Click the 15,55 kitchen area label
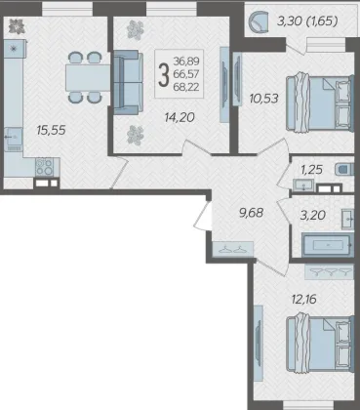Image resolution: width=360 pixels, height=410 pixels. pyautogui.click(x=52, y=131)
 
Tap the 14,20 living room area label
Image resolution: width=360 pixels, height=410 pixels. pyautogui.click(x=180, y=117)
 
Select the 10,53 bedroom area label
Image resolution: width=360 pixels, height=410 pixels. pyautogui.click(x=263, y=98)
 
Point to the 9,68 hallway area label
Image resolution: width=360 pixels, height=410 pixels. pyautogui.click(x=251, y=213)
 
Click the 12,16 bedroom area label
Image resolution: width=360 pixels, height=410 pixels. pyautogui.click(x=304, y=299)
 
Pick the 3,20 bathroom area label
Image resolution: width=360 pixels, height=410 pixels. pyautogui.click(x=313, y=215)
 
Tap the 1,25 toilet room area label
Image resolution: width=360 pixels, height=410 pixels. pyautogui.click(x=311, y=170)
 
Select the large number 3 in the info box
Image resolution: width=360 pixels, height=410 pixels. pyautogui.click(x=164, y=74)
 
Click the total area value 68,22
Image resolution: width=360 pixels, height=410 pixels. pyautogui.click(x=186, y=87)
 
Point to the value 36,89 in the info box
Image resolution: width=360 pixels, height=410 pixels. pyautogui.click(x=186, y=61)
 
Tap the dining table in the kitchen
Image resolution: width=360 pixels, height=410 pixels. pyautogui.click(x=88, y=77)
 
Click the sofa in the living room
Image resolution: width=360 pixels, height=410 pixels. pyautogui.click(x=128, y=82)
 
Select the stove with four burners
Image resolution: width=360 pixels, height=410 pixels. pyautogui.click(x=44, y=167)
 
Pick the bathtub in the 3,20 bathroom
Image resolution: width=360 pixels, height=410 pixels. pyautogui.click(x=328, y=245)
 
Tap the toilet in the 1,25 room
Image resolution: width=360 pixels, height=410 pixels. pyautogui.click(x=343, y=170)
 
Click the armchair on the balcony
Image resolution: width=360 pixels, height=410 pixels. pyautogui.click(x=259, y=21)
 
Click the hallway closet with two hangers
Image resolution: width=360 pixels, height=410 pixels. pyautogui.click(x=232, y=249)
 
